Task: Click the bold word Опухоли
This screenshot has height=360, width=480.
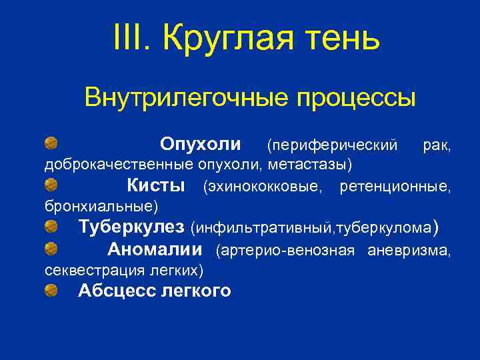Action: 201,144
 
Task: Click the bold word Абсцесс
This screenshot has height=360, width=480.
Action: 117,291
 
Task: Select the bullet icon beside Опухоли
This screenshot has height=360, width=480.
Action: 51,143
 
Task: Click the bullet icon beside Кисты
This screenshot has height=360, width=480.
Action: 51,184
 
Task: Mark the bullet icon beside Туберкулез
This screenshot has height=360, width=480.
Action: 51,227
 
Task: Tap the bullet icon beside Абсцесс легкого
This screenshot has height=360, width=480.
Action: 51,291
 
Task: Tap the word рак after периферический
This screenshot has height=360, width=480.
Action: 436,145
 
